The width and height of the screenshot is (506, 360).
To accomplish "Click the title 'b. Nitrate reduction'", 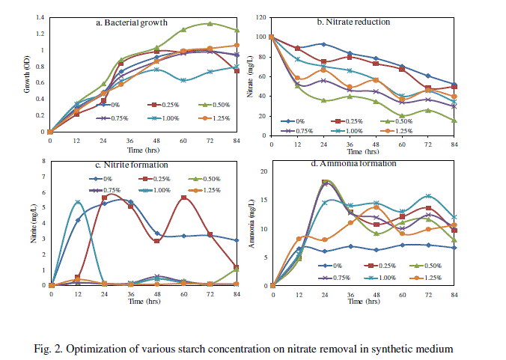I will click(353, 22).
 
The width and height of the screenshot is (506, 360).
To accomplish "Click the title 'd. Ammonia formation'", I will click(353, 165).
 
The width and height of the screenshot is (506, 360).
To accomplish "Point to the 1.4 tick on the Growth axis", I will click(40, 16).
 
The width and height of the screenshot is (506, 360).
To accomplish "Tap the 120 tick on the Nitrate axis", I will click(262, 16).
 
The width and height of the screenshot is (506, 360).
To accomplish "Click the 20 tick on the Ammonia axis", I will click(263, 171).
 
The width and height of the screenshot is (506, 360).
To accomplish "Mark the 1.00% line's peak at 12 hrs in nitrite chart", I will click(78, 202).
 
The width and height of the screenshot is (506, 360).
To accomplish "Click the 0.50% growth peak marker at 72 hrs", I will click(210, 23).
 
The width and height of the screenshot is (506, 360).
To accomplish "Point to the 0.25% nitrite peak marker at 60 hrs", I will click(183, 198).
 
